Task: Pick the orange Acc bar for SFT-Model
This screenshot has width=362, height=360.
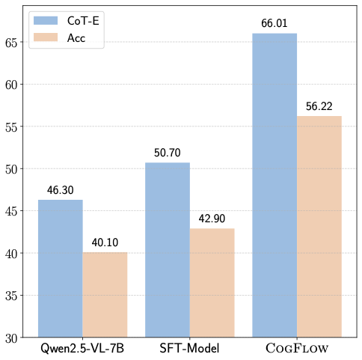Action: pos(212,282)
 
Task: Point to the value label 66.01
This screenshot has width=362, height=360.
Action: pos(274,25)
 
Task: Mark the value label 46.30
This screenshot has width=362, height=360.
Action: pos(61,192)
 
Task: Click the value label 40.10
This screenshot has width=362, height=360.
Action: pos(105,243)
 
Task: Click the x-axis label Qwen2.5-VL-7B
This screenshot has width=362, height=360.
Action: pos(82,349)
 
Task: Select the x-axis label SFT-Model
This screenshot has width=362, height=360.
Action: pos(189,349)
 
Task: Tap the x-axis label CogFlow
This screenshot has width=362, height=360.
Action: pos(297,349)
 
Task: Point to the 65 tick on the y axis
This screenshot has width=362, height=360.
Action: pos(16,42)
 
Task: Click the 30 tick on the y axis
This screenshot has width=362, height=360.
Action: pos(16,338)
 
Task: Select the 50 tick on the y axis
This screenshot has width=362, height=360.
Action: pos(16,169)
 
